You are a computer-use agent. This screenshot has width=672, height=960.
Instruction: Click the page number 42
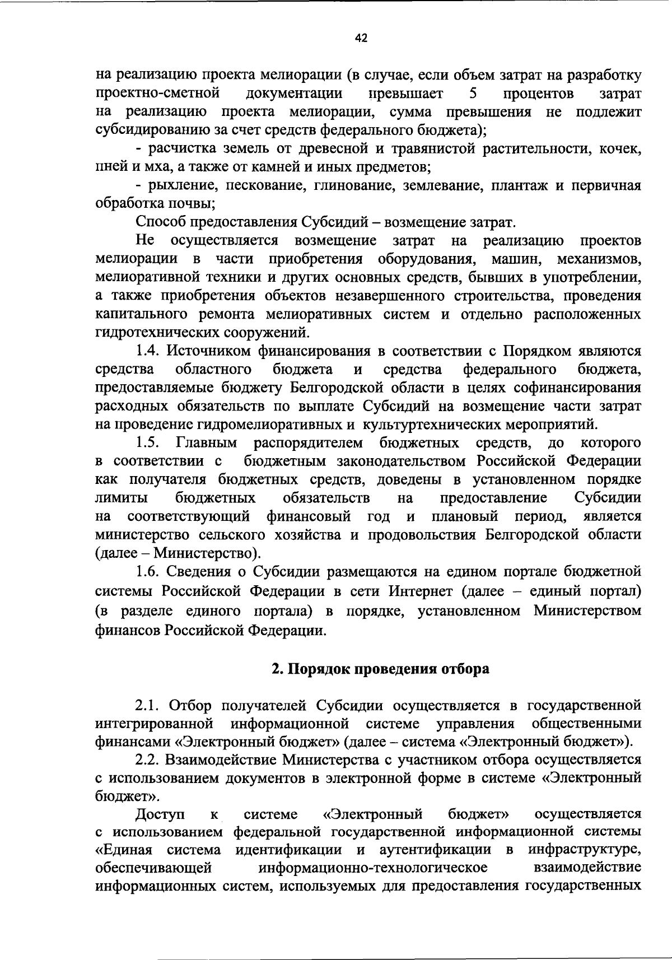coord(361,38)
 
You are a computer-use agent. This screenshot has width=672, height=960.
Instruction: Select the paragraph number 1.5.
coord(148,444)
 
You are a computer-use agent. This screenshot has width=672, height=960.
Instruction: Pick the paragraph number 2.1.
coord(149,705)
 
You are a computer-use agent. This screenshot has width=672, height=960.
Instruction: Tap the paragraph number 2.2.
coord(150,760)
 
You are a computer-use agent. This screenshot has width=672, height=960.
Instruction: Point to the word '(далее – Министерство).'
coord(179,554)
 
